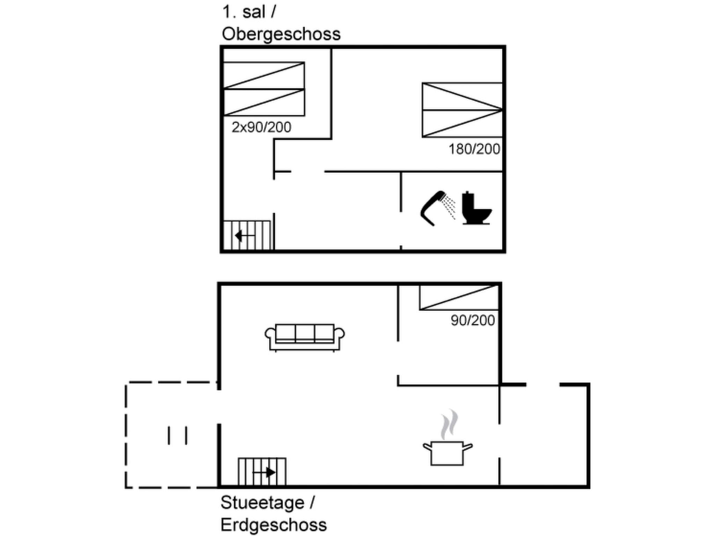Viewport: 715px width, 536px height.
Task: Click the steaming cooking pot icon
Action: [x=447, y=452]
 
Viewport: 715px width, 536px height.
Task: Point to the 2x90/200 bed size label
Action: [x=261, y=127]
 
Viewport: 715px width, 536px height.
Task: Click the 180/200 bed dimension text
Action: [x=474, y=149]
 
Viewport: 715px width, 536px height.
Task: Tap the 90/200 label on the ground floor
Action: [x=472, y=320]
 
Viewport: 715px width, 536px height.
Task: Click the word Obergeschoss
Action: [x=281, y=34]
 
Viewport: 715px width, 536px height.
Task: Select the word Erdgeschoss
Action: [x=273, y=524]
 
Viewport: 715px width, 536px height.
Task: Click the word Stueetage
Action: [x=262, y=502]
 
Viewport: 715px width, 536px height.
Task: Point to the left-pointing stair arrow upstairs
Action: [x=244, y=236]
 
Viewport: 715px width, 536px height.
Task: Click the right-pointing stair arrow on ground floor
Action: [x=265, y=472]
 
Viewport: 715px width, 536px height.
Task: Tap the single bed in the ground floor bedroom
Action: [x=459, y=297]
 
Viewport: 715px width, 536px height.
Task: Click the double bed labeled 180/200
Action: [x=462, y=110]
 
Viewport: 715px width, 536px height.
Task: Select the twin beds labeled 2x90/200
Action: [x=264, y=89]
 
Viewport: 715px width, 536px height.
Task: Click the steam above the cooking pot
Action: [x=449, y=424]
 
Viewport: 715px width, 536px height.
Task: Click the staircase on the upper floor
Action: [x=247, y=235]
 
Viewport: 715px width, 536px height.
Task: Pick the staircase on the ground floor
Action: [x=262, y=471]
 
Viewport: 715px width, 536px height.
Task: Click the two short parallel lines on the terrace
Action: [x=177, y=435]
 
